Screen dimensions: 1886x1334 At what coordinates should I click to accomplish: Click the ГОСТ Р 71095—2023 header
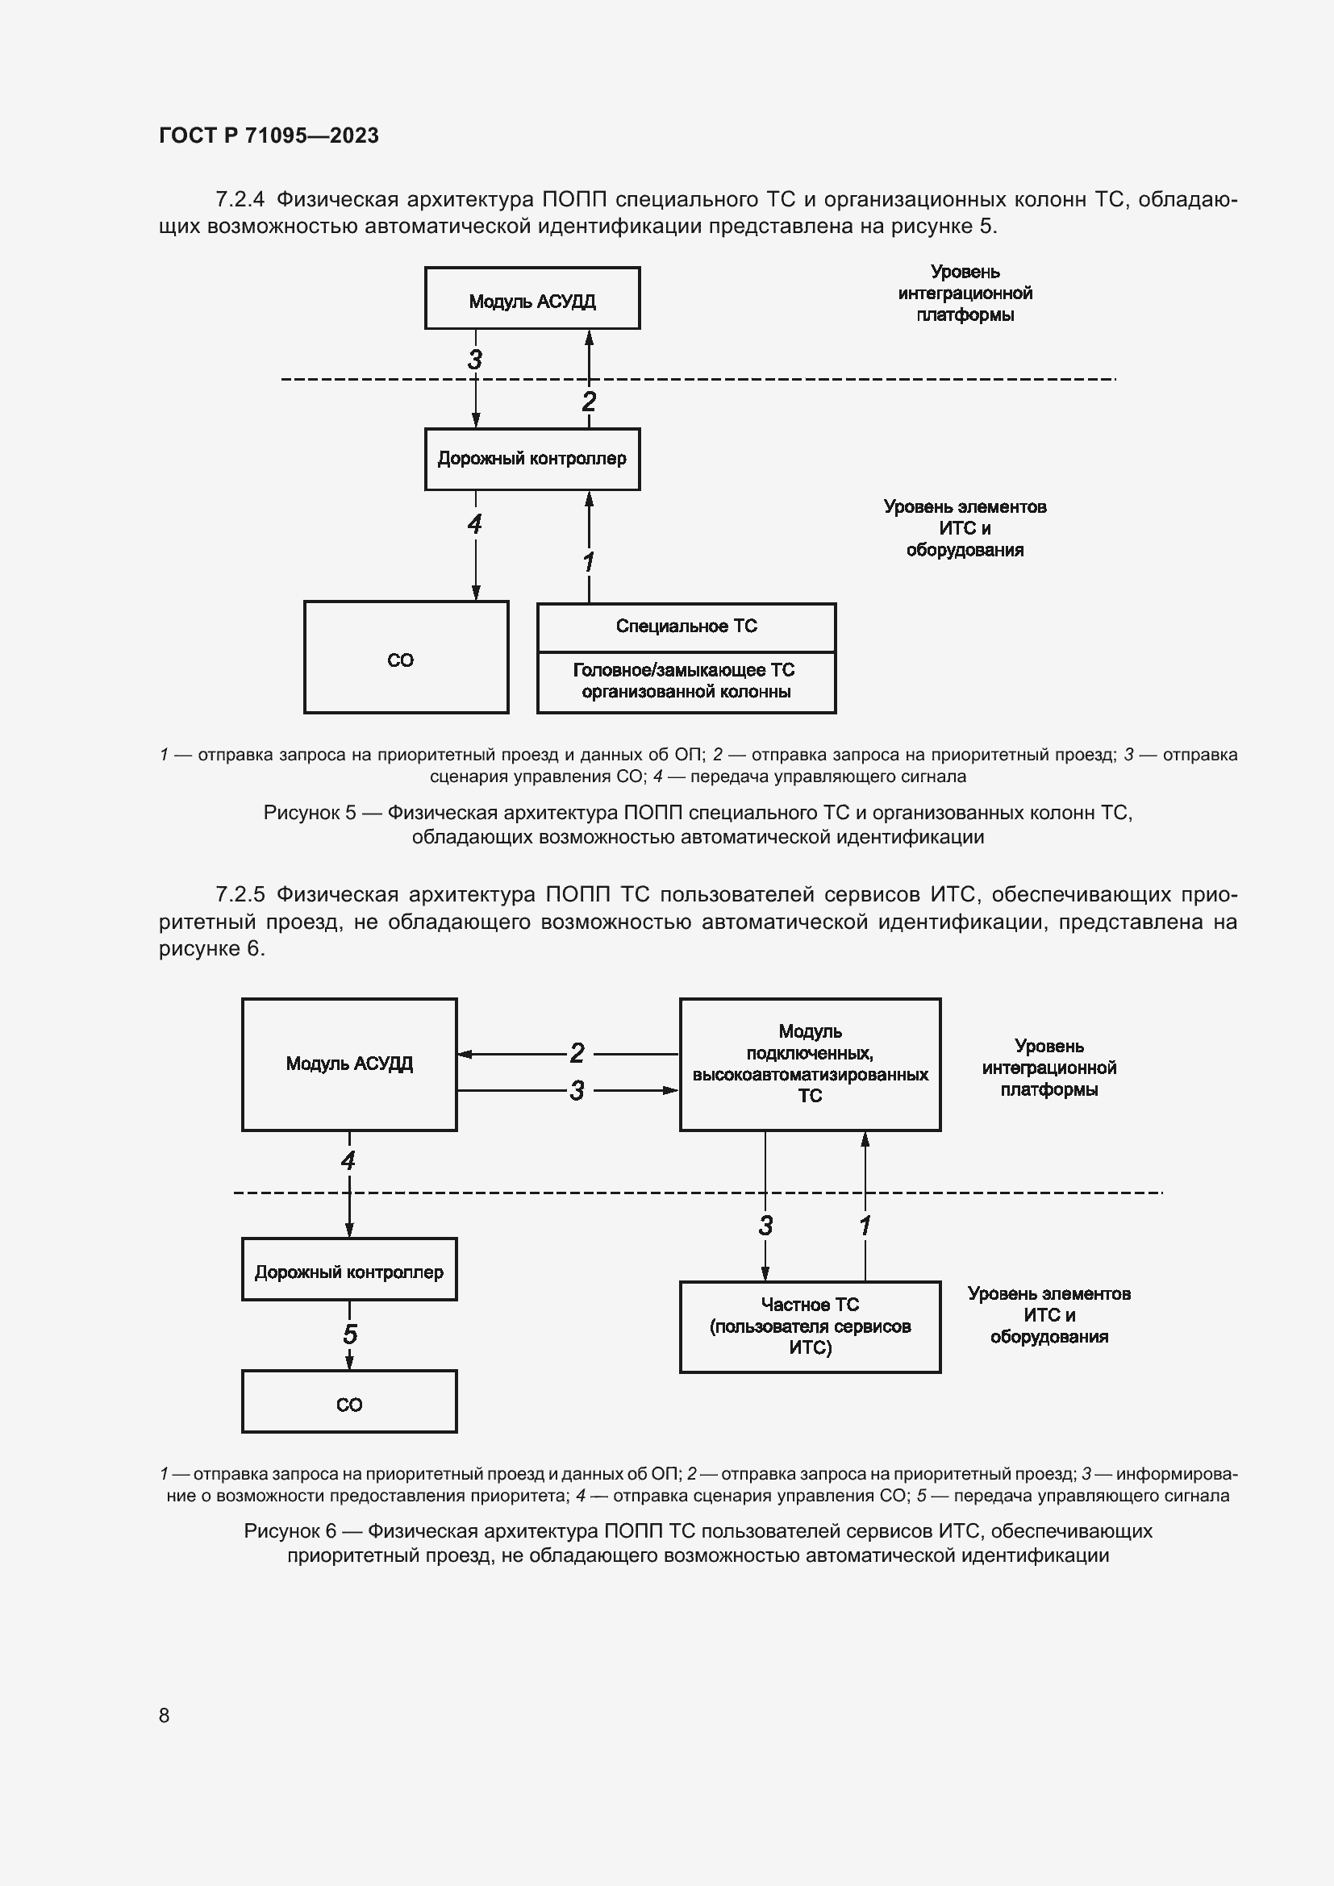click(269, 135)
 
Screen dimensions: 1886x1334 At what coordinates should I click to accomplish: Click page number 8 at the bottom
click(165, 1715)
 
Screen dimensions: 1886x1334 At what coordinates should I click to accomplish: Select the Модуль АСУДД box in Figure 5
click(532, 298)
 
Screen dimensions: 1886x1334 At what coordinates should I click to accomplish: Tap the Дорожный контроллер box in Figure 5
click(532, 459)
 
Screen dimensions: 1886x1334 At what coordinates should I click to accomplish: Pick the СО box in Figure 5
click(406, 658)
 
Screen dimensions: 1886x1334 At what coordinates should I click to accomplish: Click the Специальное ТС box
click(686, 627)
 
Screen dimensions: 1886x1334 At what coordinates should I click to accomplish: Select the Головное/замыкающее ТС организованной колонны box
click(686, 682)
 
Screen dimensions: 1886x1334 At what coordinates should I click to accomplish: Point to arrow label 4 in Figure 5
click(474, 524)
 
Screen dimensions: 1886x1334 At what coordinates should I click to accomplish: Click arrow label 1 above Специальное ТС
click(588, 563)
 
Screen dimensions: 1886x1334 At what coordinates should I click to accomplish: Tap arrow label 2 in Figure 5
click(588, 402)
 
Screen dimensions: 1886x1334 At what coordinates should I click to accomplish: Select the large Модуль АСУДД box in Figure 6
click(349, 1064)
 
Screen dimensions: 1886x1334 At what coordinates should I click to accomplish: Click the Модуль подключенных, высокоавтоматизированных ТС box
click(809, 1064)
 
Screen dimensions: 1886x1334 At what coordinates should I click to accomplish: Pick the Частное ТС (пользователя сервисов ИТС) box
click(809, 1326)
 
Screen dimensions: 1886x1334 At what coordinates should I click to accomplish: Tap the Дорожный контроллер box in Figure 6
click(349, 1272)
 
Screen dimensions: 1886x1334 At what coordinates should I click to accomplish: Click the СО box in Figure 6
click(349, 1404)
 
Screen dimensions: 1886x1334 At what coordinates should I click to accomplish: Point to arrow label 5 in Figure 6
click(350, 1334)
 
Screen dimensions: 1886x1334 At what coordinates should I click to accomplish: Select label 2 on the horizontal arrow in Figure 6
click(577, 1053)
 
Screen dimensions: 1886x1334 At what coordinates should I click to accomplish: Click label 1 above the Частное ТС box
click(864, 1226)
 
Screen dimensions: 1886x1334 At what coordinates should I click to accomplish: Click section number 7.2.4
click(239, 200)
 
